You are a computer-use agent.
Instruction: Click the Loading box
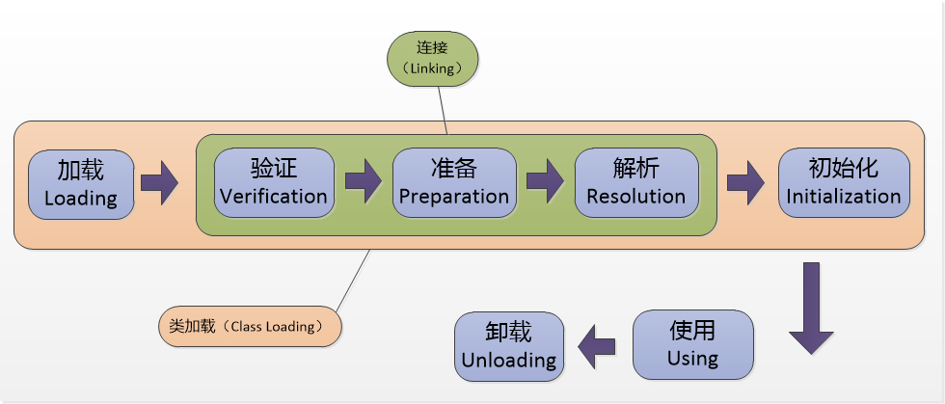(x=80, y=183)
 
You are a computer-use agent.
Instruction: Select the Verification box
(x=274, y=182)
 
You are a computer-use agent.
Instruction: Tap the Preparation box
(x=453, y=182)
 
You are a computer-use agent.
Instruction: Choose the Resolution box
(x=635, y=182)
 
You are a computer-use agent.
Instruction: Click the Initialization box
(x=843, y=182)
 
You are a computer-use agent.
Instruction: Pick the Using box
(x=692, y=344)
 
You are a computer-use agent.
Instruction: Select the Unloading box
(x=508, y=345)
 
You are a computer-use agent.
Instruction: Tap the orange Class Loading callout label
(x=250, y=326)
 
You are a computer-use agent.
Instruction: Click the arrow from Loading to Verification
(x=159, y=182)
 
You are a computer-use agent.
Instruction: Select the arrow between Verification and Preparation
(x=363, y=182)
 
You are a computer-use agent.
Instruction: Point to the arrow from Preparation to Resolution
(x=545, y=182)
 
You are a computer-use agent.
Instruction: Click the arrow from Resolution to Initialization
(x=745, y=182)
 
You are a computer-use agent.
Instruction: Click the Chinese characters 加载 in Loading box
(x=80, y=170)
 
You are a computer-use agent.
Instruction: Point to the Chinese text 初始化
(x=843, y=168)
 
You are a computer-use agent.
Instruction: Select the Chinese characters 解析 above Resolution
(x=635, y=168)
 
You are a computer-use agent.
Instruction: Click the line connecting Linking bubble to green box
(x=441, y=107)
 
